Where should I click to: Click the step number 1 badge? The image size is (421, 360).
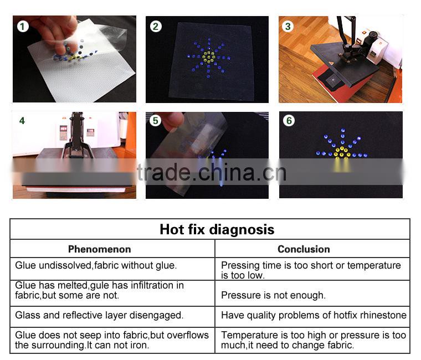(x=23, y=27)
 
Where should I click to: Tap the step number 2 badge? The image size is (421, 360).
(x=156, y=27)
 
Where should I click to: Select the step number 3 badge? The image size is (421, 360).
(x=288, y=27)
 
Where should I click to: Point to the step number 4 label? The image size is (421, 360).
(x=22, y=121)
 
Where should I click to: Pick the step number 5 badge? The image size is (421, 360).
(x=155, y=121)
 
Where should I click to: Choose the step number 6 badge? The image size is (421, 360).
(x=289, y=121)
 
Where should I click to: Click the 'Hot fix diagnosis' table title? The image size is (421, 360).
(x=217, y=229)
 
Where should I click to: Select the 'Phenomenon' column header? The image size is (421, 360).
(x=99, y=249)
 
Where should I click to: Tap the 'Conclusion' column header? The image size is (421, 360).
(x=304, y=249)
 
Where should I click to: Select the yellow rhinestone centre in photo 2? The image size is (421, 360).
(x=209, y=58)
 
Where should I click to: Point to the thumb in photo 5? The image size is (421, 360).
(x=173, y=121)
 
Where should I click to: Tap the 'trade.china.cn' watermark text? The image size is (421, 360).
(x=212, y=172)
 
